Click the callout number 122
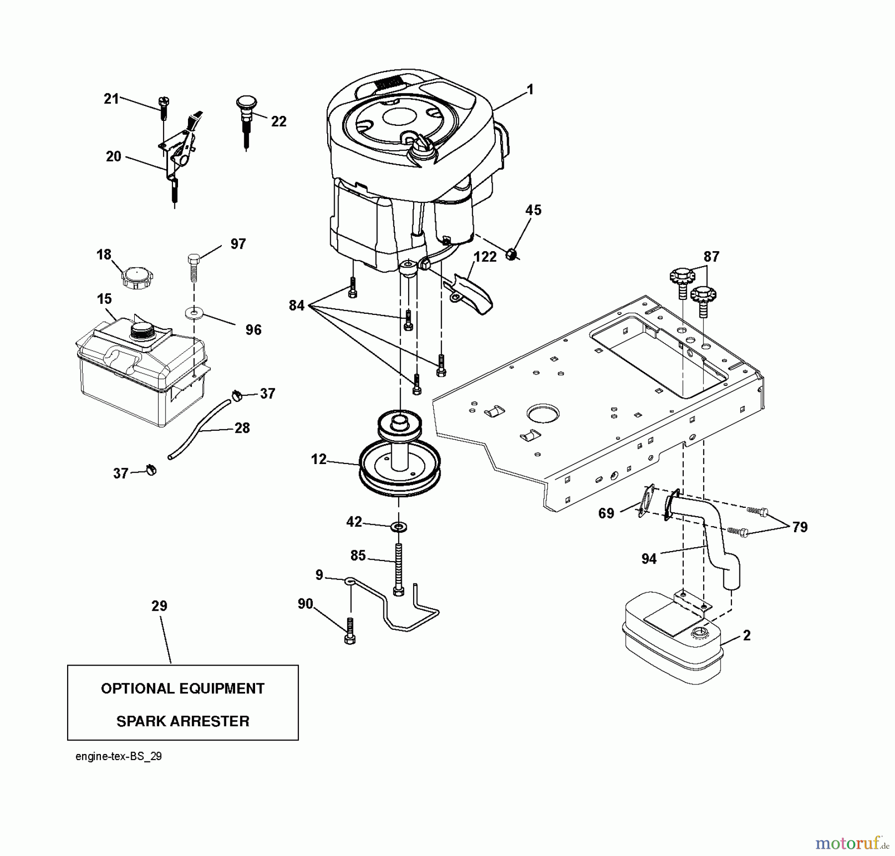point(485,257)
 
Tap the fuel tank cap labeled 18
point(137,277)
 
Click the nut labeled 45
point(512,255)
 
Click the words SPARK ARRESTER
point(182,721)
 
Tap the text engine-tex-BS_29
point(118,757)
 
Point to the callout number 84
point(296,305)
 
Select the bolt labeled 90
point(350,632)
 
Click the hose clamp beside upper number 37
point(237,396)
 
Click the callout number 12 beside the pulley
point(319,459)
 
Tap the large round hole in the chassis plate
point(543,413)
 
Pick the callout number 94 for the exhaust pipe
point(648,559)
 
